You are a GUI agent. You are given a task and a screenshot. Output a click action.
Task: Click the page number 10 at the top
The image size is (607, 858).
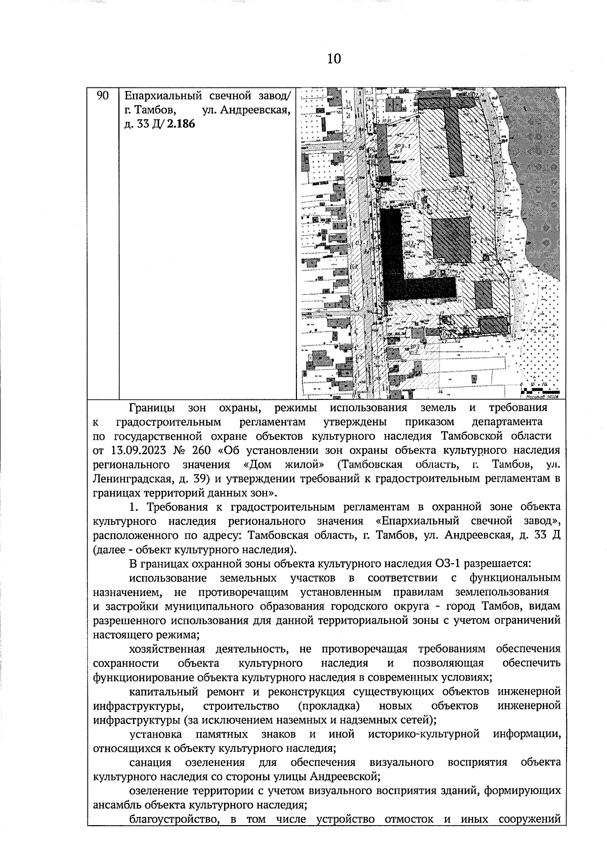click(334, 59)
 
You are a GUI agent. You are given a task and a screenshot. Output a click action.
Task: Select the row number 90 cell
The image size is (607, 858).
click(103, 96)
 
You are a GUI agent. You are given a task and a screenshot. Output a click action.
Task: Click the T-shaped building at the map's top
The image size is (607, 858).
click(450, 126)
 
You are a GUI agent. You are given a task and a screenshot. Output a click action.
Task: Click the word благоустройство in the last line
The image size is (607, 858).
click(169, 819)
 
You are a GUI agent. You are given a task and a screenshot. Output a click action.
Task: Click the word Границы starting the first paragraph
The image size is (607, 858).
click(152, 408)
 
